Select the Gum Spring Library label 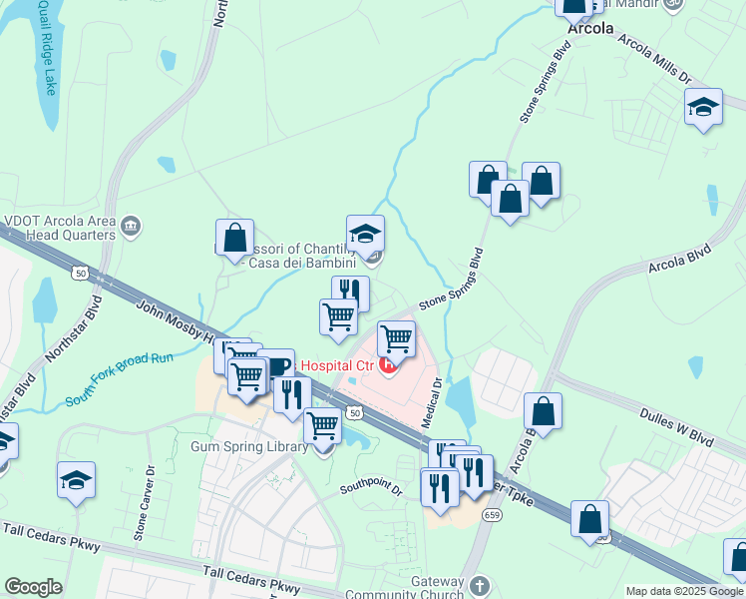point(249,447)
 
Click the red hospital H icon point(389,365)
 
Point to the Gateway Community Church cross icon point(479,584)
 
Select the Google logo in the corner point(33,587)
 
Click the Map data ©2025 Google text point(684,591)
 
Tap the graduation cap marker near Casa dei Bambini point(365,234)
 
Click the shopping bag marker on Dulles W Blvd point(542,411)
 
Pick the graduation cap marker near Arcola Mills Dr point(703,107)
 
